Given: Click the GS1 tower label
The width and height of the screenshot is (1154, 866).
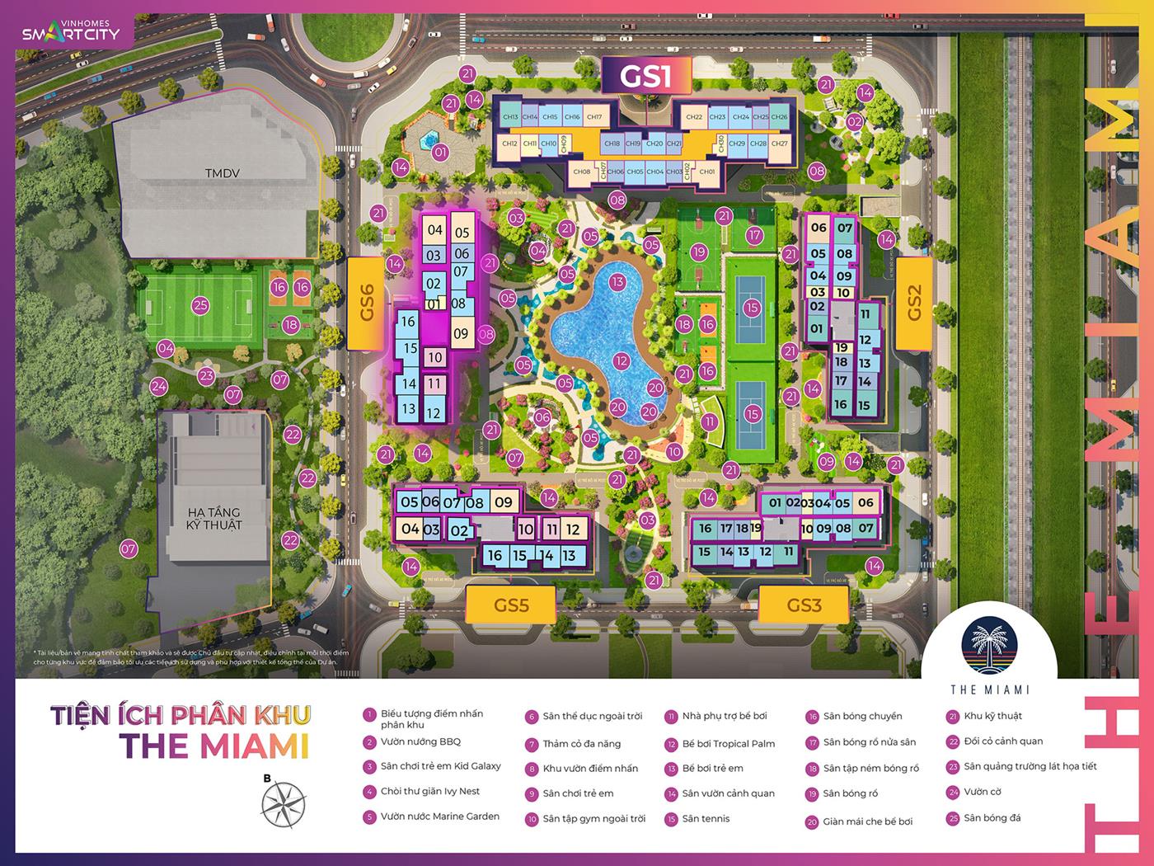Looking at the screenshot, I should click(x=645, y=77).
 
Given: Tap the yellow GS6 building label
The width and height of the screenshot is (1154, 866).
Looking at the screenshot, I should click(x=367, y=304).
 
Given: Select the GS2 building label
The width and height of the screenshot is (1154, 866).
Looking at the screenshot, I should click(x=914, y=304).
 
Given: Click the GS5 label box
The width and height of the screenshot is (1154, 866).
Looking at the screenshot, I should click(x=511, y=605).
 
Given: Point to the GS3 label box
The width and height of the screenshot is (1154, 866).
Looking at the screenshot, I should click(x=804, y=605).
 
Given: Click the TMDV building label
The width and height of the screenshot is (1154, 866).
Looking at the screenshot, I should click(x=222, y=173).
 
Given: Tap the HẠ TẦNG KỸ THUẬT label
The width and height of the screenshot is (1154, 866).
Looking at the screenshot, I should click(x=213, y=518).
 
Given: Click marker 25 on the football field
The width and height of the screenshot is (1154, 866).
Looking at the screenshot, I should click(x=200, y=305).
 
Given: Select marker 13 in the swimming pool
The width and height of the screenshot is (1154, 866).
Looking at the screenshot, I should click(x=617, y=282).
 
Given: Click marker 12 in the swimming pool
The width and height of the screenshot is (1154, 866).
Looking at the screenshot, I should click(x=622, y=361).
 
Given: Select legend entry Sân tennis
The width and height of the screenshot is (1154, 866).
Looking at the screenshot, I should click(x=706, y=819).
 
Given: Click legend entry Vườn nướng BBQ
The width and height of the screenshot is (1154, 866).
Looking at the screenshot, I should click(x=420, y=741).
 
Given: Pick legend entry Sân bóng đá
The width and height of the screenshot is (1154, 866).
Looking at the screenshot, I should click(x=992, y=818).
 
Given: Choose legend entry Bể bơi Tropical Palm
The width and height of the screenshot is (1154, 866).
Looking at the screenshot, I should click(x=728, y=744).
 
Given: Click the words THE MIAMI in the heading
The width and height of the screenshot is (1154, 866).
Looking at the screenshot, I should click(x=214, y=745).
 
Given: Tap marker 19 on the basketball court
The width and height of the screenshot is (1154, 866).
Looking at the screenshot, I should click(x=699, y=252).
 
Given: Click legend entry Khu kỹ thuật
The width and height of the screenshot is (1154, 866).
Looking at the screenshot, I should click(x=992, y=716).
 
